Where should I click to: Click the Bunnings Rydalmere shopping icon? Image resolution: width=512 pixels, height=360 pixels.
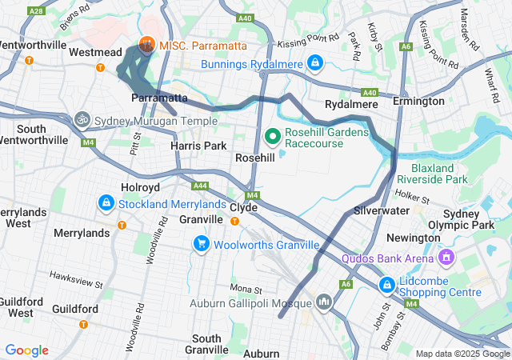click(x=316, y=62)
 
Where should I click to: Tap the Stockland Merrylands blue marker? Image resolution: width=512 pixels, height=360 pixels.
click(x=106, y=204)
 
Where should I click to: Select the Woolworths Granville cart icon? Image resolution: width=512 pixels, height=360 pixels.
click(x=201, y=243)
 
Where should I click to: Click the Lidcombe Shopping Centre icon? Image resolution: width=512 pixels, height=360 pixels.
click(x=387, y=285)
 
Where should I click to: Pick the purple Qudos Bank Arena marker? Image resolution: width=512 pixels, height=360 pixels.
click(x=446, y=258)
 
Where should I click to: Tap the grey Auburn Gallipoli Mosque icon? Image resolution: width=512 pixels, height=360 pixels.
click(x=323, y=302)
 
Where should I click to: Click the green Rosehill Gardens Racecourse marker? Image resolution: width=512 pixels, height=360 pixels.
click(x=273, y=136)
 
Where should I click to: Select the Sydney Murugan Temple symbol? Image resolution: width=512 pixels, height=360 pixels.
click(x=82, y=121)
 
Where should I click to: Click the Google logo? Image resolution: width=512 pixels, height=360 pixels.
click(x=26, y=350)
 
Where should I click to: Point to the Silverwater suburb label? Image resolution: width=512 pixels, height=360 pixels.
click(x=382, y=210)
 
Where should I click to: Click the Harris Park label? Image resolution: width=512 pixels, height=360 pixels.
click(x=199, y=146)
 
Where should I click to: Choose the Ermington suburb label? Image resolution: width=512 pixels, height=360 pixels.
click(x=418, y=102)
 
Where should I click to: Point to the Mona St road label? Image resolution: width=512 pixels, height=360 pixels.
click(x=246, y=288)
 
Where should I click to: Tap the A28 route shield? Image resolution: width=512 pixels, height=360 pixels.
click(x=35, y=11)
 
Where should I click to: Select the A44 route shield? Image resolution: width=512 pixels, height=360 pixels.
click(x=200, y=186)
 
